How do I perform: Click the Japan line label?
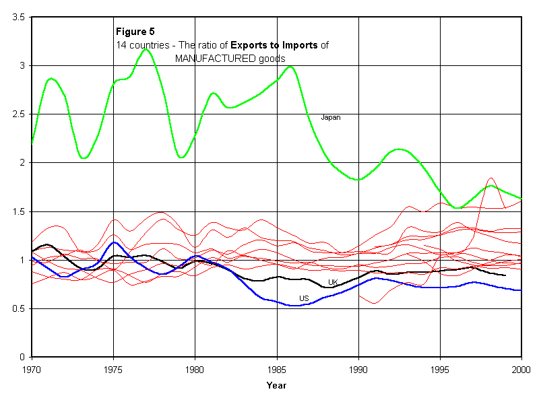330,117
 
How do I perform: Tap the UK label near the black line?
333,282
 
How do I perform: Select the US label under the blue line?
305,298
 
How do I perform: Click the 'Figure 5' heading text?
135,32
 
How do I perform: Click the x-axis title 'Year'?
276,386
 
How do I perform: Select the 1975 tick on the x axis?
113,369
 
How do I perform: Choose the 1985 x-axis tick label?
277,369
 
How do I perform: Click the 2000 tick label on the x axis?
521,369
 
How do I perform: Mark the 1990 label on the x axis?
358,369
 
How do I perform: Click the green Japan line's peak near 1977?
146,49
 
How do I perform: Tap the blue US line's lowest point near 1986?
295,306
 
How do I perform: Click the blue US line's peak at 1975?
115,242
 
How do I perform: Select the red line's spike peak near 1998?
490,178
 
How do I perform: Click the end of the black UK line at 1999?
505,275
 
